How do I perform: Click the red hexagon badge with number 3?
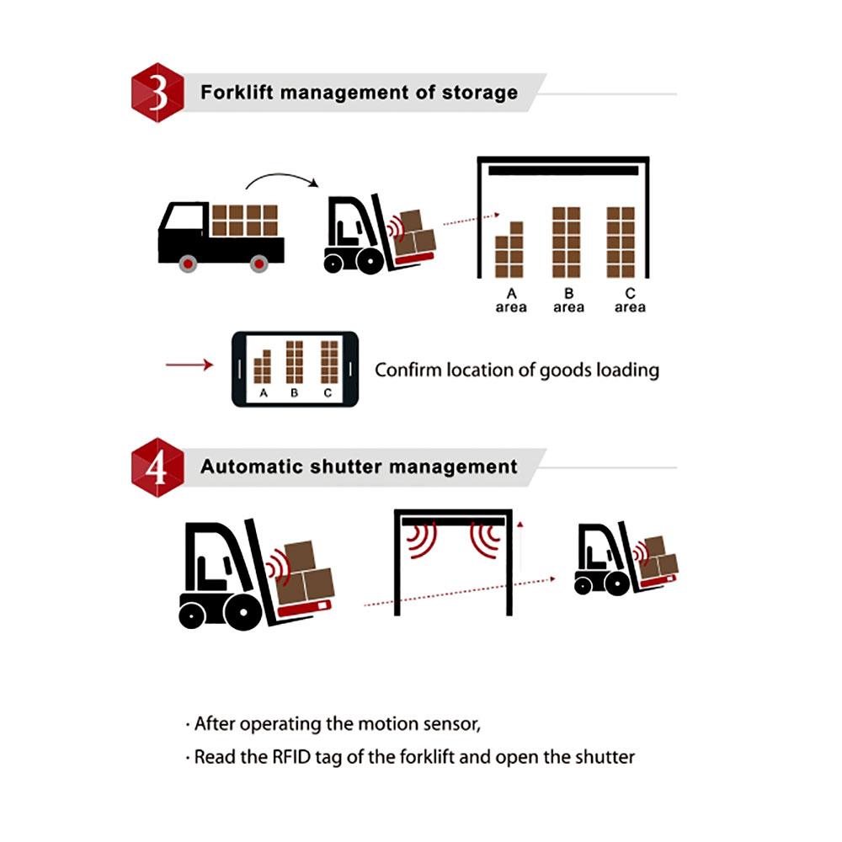tap(157, 93)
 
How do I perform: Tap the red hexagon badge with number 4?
tap(157, 468)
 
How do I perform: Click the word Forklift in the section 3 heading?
tap(237, 92)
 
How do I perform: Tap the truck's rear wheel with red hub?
tap(259, 263)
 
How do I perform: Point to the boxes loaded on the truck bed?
tap(244, 221)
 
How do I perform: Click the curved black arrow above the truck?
tap(280, 179)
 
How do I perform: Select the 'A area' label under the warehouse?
tap(511, 301)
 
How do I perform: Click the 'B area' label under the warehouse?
tap(569, 301)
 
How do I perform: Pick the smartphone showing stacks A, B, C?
tap(295, 369)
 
